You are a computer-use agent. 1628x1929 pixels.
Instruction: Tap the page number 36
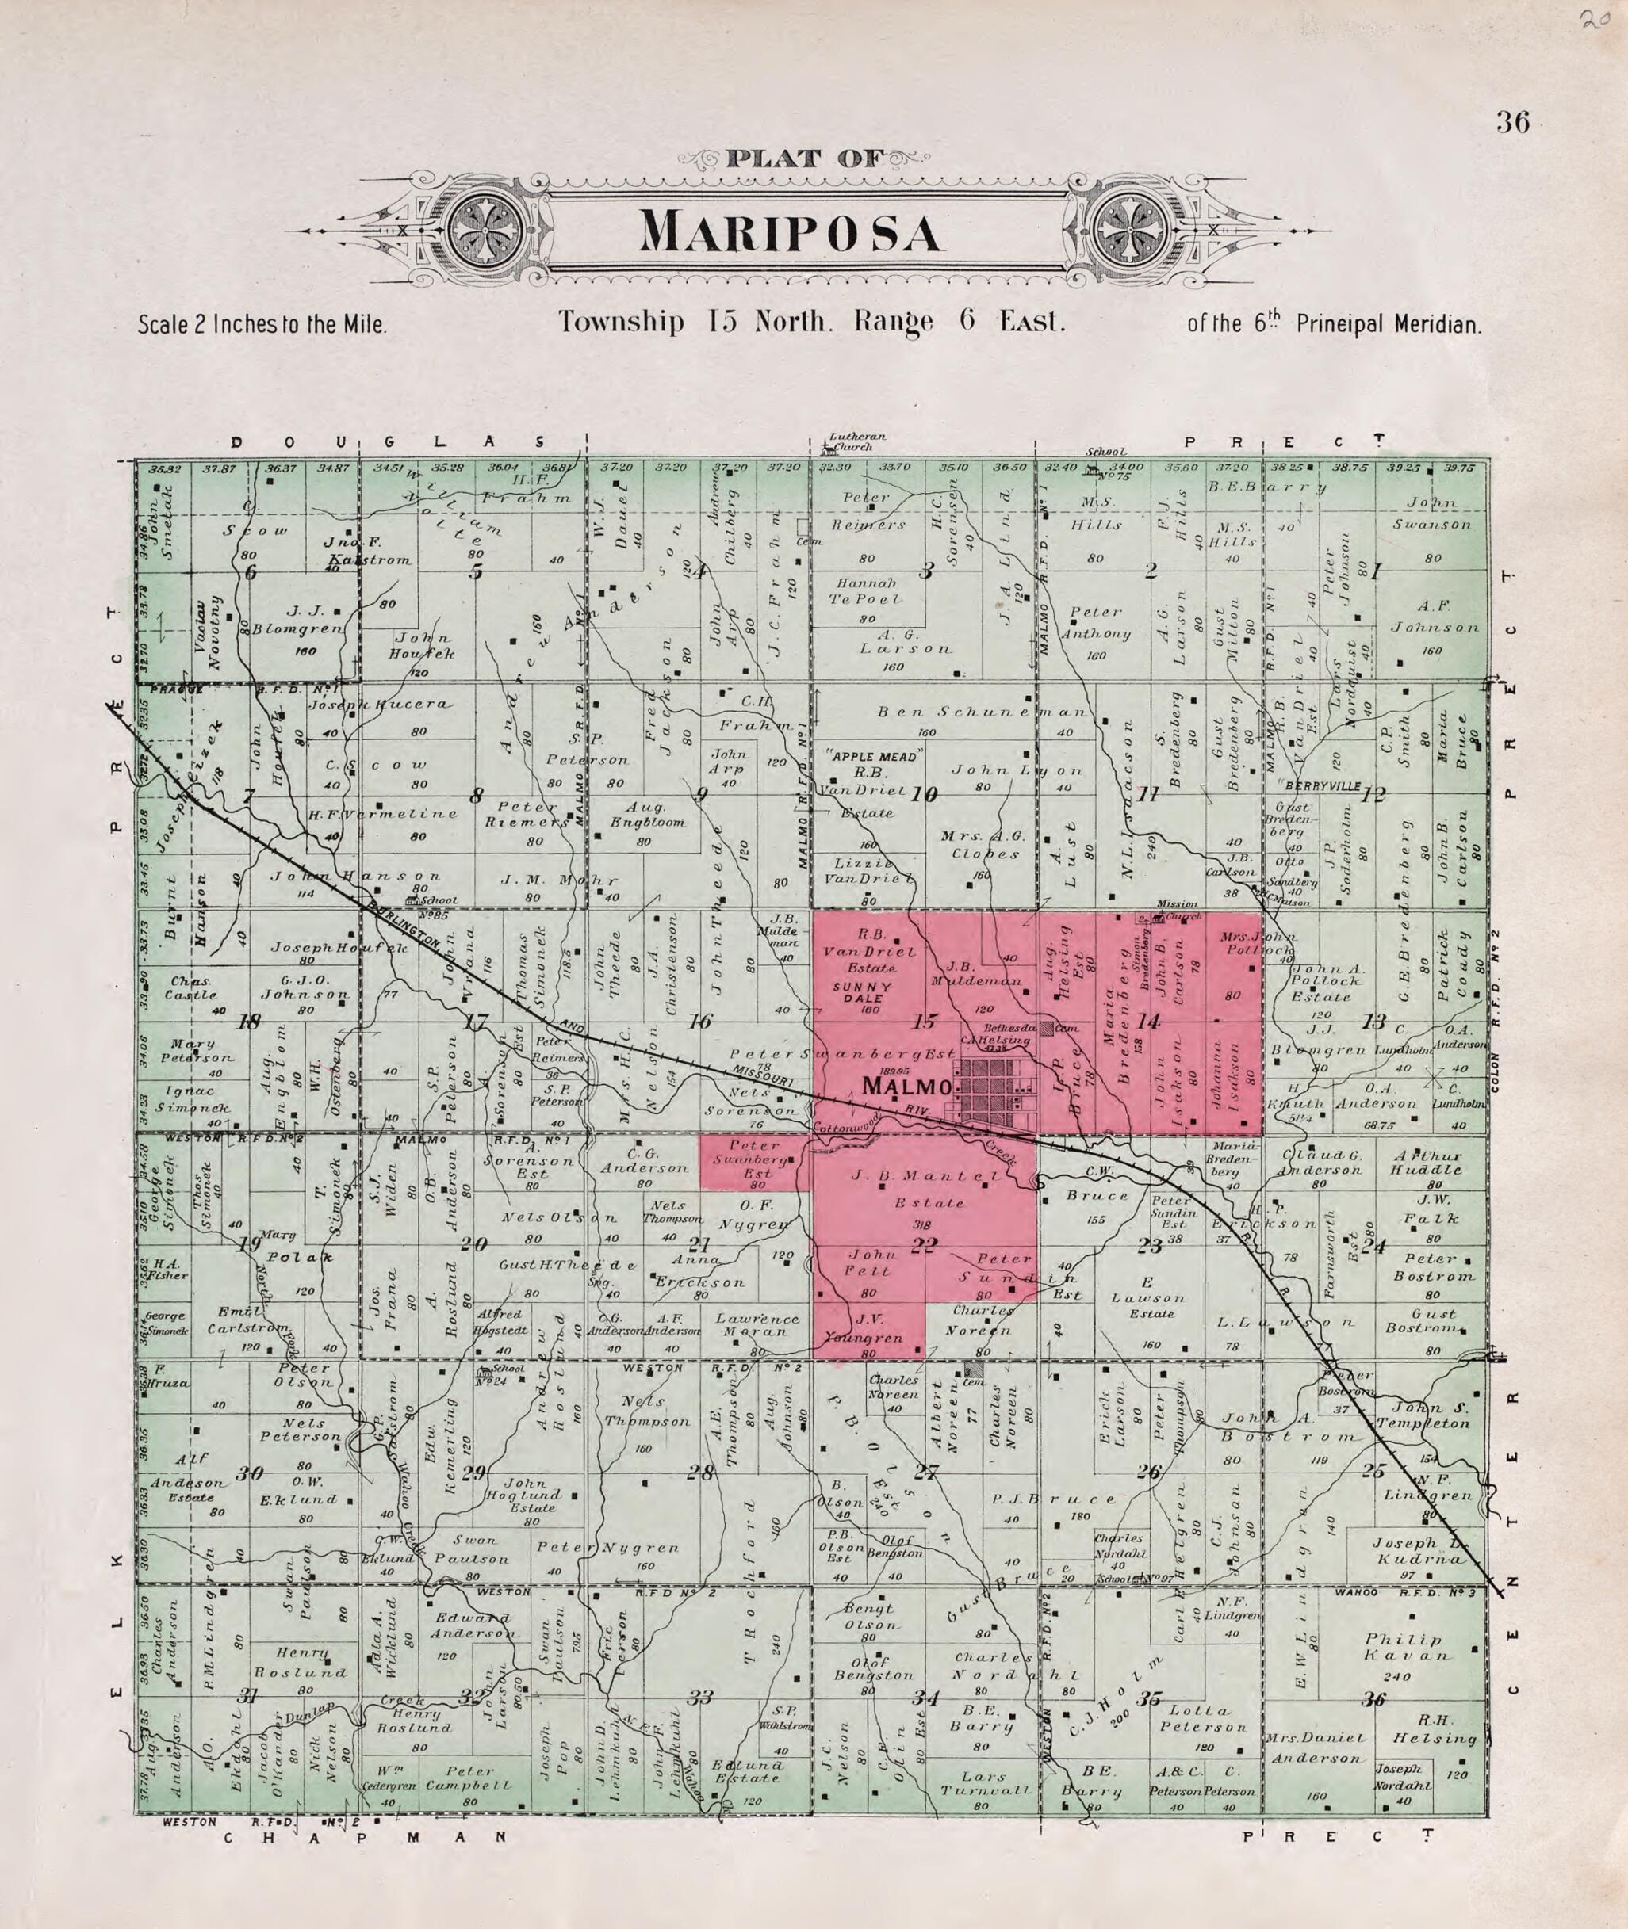click(x=1513, y=123)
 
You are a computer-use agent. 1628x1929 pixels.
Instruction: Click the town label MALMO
click(x=906, y=1087)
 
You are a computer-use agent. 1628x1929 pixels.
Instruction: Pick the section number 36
click(x=1374, y=1700)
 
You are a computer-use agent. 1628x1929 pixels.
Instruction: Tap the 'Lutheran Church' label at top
click(x=857, y=442)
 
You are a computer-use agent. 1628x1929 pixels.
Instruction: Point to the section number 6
click(x=249, y=573)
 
